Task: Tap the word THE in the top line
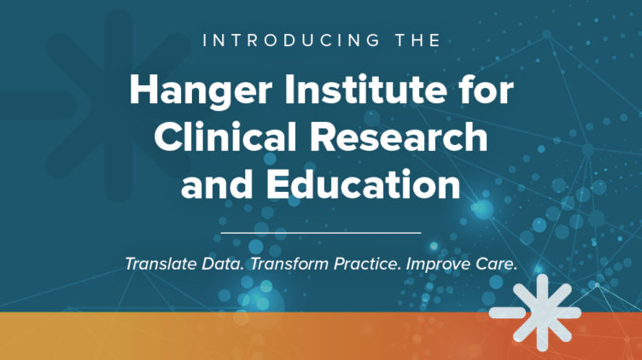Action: point(418,40)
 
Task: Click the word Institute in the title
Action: point(365,90)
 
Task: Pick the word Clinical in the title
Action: point(225,136)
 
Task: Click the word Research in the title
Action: point(399,136)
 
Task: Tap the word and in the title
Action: point(217,183)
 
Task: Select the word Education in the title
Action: point(364,183)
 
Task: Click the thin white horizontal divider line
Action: point(321,233)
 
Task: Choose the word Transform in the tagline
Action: point(289,264)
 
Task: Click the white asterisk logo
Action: point(536,312)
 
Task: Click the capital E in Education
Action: point(279,183)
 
